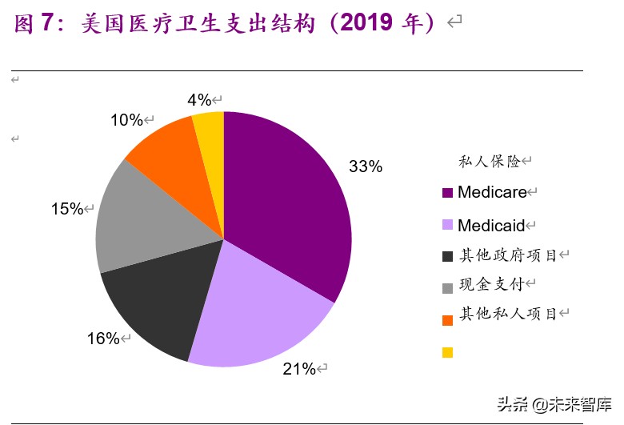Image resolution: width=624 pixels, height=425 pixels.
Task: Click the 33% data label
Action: (366, 167)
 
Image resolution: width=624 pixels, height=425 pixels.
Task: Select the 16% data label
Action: (102, 339)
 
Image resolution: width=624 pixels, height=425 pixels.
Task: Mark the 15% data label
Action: (67, 209)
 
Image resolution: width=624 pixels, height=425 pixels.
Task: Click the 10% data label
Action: (126, 121)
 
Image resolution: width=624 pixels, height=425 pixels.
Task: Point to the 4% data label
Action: (199, 100)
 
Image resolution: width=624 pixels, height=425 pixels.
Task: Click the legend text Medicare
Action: (492, 192)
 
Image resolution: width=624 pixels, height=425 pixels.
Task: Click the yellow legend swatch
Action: (447, 352)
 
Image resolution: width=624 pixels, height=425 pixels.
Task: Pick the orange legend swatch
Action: (447, 319)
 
